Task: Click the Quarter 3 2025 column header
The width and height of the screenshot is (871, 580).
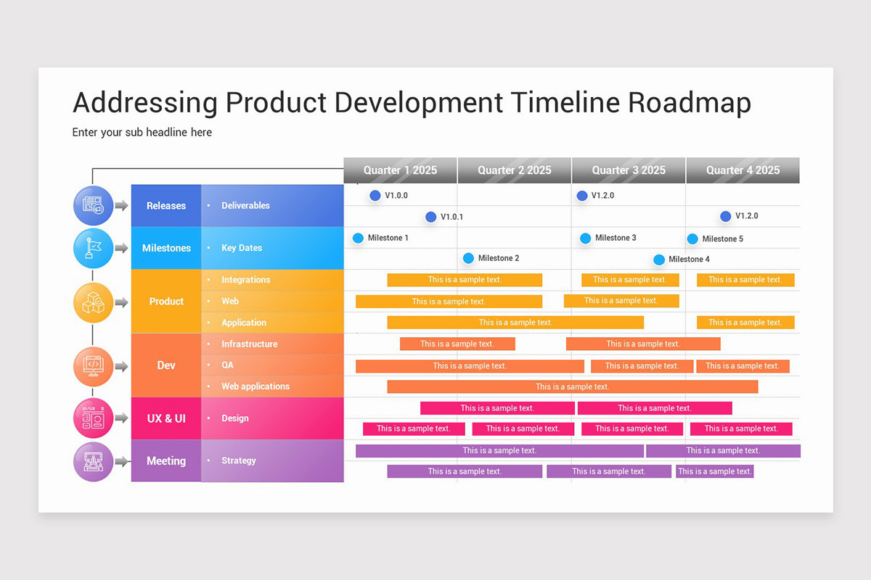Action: click(629, 170)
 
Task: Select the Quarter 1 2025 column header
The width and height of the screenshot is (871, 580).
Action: click(400, 170)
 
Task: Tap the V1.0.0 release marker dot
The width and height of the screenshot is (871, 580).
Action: click(375, 195)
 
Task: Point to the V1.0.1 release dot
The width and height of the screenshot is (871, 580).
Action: click(430, 217)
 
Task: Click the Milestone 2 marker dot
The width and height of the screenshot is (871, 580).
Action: click(468, 258)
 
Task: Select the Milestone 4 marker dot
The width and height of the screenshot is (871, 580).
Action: click(659, 260)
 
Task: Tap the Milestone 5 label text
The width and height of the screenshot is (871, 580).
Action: click(722, 239)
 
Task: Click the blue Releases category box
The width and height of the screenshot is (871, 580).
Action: click(166, 206)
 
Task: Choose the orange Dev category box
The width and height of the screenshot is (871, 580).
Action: click(166, 365)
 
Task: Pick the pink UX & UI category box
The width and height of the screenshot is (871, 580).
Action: click(166, 418)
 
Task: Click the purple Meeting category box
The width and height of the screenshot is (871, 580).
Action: click(166, 461)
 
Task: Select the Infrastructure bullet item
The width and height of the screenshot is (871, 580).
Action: click(249, 344)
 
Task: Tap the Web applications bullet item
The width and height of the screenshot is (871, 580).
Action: click(255, 386)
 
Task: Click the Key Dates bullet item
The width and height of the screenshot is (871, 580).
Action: click(241, 248)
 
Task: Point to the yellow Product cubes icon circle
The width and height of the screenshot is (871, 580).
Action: click(94, 302)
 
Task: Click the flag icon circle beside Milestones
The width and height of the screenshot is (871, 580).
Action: click(94, 248)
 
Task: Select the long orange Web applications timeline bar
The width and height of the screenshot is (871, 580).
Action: click(572, 386)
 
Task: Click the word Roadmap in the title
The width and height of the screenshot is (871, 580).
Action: click(689, 103)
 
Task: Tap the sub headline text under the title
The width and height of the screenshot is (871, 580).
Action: click(142, 132)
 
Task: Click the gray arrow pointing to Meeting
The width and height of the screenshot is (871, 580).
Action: click(121, 461)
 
